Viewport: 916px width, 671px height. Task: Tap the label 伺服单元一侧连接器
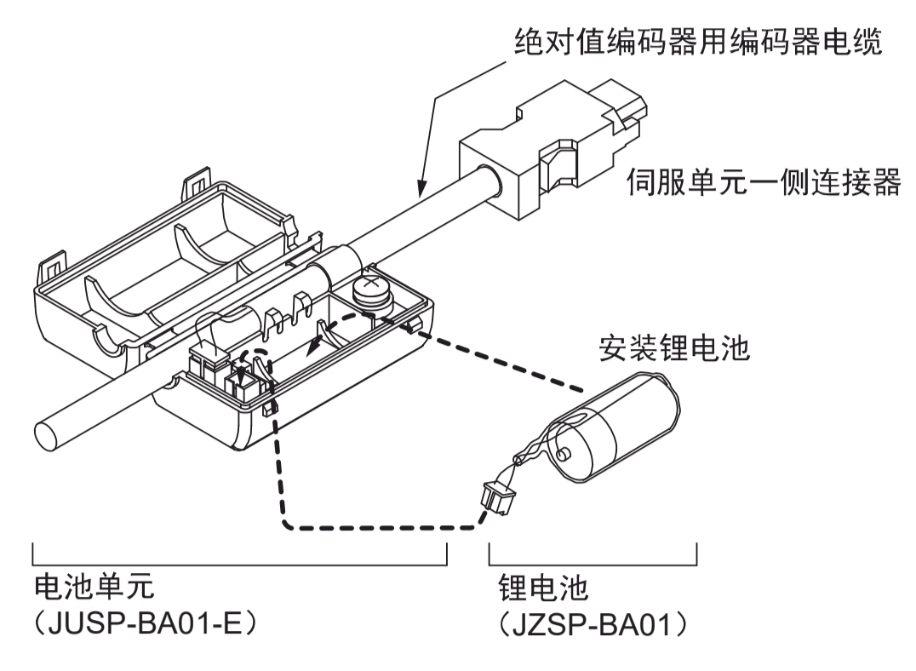pos(763,182)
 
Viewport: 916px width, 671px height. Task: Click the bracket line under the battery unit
pos(239,562)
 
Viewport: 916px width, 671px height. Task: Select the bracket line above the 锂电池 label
pos(593,562)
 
